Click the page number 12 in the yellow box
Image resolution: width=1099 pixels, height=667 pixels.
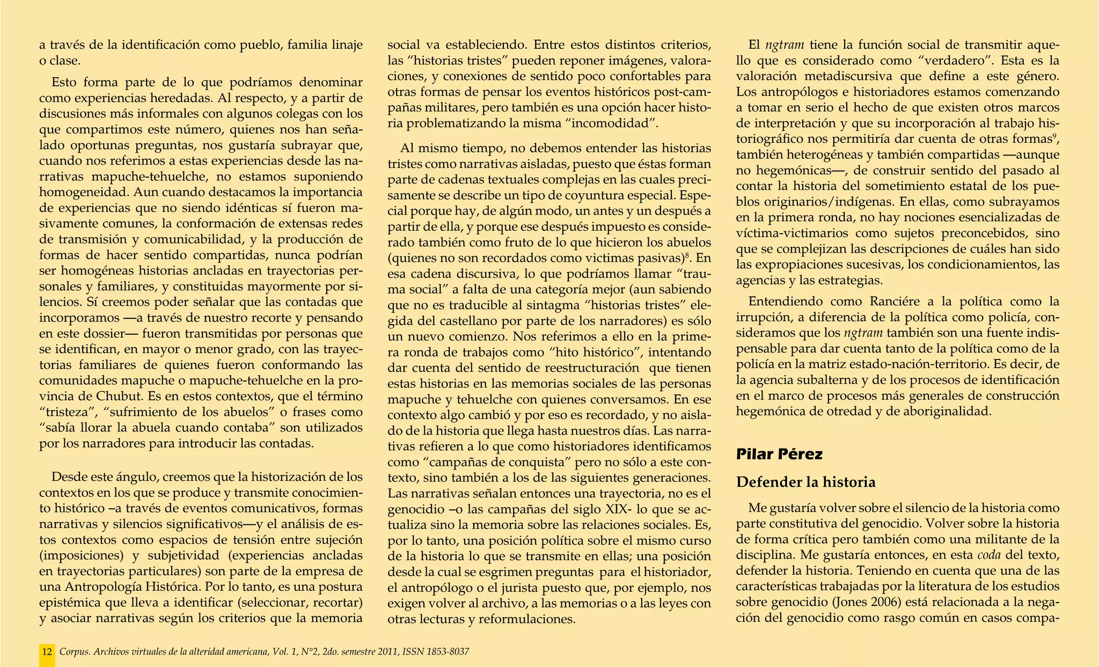(x=47, y=652)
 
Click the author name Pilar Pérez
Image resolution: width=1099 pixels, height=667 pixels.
(x=779, y=455)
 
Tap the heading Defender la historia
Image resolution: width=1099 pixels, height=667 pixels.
(x=805, y=482)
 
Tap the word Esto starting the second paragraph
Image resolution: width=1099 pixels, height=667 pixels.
(x=65, y=83)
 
